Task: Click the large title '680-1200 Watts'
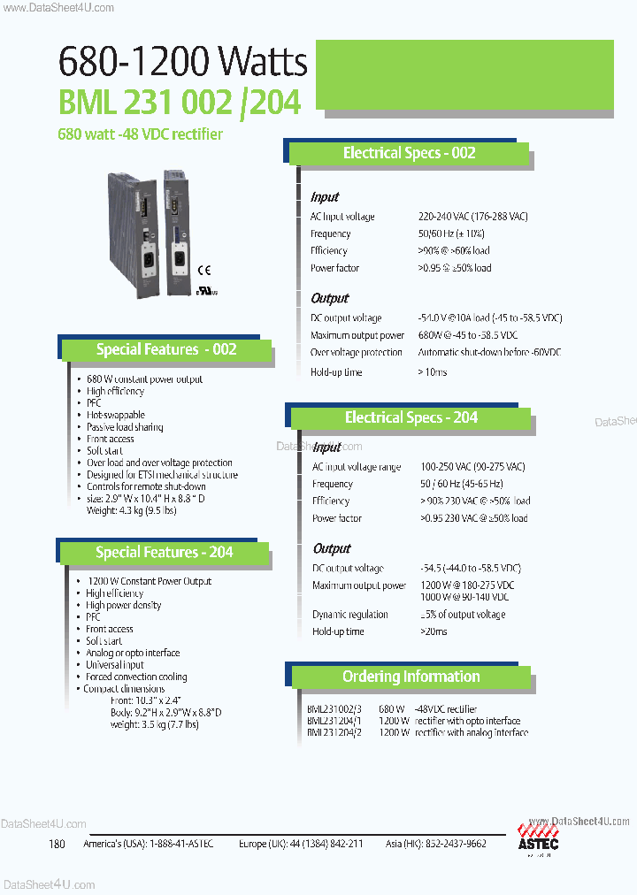tap(182, 62)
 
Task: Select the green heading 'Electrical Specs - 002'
tap(409, 153)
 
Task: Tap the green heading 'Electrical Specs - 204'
tap(411, 417)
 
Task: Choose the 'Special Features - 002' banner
tap(166, 349)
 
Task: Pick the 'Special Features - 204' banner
tap(165, 553)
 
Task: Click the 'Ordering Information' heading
tap(411, 677)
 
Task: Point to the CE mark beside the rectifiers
tap(203, 271)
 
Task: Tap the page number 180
tap(58, 844)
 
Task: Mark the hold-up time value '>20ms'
tap(434, 631)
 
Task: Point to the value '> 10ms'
tap(433, 372)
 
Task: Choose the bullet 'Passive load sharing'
tap(125, 427)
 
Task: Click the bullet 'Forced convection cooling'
tap(136, 677)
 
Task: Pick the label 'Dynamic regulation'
tap(350, 615)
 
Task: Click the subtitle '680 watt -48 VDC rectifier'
tap(140, 134)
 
